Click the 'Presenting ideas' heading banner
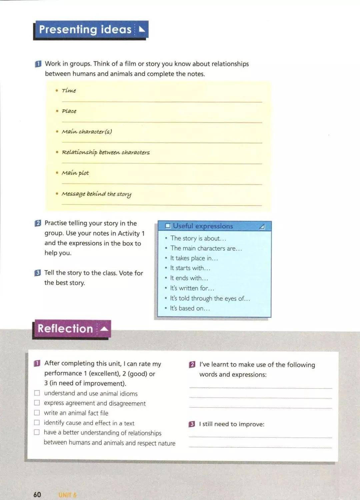coord(90,30)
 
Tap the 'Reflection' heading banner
coord(71,329)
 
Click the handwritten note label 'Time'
coord(69,90)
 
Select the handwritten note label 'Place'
coord(69,111)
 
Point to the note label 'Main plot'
coord(75,173)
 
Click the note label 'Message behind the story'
coord(96,194)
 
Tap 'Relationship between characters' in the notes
coord(106,152)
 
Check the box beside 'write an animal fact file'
coord(37,413)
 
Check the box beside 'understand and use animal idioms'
coord(37,393)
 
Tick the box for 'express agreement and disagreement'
coord(37,403)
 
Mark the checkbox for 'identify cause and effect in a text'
coord(37,423)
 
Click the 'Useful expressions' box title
coord(203,226)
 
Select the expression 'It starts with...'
coord(190,268)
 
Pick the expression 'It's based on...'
coord(190,308)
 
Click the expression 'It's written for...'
coord(192,288)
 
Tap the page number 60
coord(37,494)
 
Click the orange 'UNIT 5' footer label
coord(68,495)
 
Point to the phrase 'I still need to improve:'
coord(232,424)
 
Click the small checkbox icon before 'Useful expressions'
coord(168,226)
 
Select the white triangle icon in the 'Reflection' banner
coord(104,329)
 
